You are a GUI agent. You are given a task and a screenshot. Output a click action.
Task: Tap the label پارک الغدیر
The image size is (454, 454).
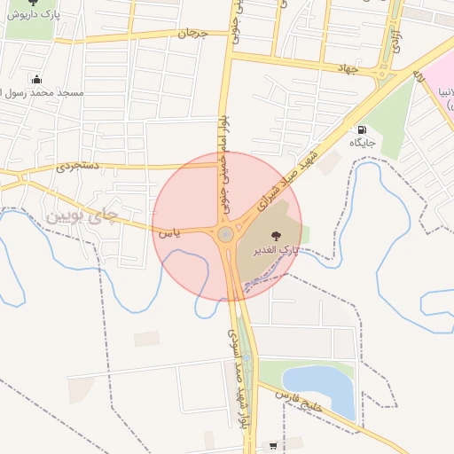click(x=277, y=252)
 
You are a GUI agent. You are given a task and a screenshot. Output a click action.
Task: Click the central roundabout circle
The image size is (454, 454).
click(x=226, y=234)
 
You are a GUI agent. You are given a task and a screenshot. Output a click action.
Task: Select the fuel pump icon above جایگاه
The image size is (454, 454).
click(x=362, y=129)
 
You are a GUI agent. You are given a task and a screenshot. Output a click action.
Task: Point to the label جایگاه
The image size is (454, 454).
click(x=362, y=143)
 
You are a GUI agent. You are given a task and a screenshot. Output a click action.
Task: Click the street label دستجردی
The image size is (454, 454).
click(x=77, y=164)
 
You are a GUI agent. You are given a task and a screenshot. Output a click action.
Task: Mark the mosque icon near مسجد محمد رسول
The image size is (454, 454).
click(x=35, y=79)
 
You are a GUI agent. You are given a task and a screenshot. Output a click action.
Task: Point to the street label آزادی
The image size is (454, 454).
click(x=396, y=40)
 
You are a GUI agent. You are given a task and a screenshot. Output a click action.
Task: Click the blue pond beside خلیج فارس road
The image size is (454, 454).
click(x=319, y=387)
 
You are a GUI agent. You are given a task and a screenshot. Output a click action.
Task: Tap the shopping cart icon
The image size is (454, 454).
click(x=273, y=445)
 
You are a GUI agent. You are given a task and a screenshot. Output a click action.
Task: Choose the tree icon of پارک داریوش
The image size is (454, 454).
click(x=33, y=3)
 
